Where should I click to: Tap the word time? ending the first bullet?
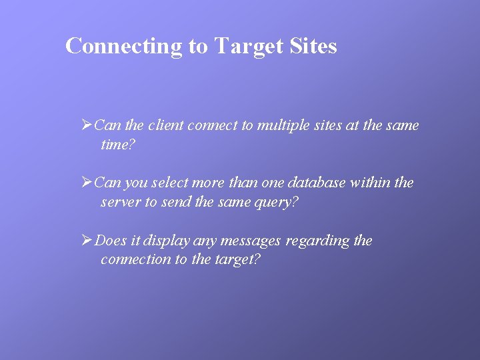(118, 144)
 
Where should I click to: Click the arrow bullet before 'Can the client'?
(86, 125)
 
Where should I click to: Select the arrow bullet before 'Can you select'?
(86, 182)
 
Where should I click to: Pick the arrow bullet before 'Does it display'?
(86, 240)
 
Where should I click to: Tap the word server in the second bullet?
(120, 202)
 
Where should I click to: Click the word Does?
(111, 241)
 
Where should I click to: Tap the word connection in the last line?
(135, 259)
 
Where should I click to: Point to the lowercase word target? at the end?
(237, 259)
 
